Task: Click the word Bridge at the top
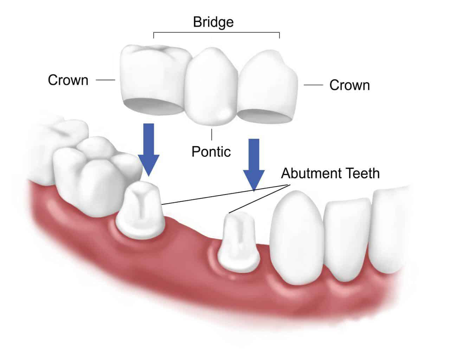(213, 22)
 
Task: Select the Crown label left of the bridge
(68, 80)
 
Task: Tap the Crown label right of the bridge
(349, 85)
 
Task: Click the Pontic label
(211, 151)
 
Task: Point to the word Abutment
(306, 173)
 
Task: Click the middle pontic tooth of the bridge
(211, 88)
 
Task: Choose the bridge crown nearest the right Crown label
(269, 84)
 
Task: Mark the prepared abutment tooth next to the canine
(237, 242)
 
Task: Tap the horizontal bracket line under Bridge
(216, 33)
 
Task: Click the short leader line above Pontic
(211, 134)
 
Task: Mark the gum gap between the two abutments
(190, 242)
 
